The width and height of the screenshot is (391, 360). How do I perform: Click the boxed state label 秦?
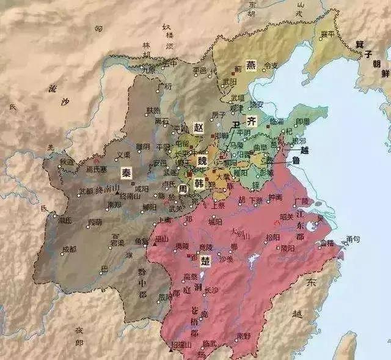tap(126, 172)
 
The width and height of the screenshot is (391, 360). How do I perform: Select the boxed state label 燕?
tap(252, 65)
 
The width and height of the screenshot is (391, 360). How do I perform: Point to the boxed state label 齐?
tap(251, 120)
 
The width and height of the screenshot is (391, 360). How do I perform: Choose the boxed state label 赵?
tap(199, 128)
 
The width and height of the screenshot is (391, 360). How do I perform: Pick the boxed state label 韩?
tap(199, 182)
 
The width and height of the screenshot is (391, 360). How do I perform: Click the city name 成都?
tap(70, 249)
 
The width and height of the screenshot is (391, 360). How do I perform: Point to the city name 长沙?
tap(210, 289)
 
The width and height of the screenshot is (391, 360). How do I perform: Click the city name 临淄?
tap(277, 122)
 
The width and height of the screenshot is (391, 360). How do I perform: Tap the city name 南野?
tap(244, 335)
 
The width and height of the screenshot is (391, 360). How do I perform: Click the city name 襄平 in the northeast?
tap(327, 34)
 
